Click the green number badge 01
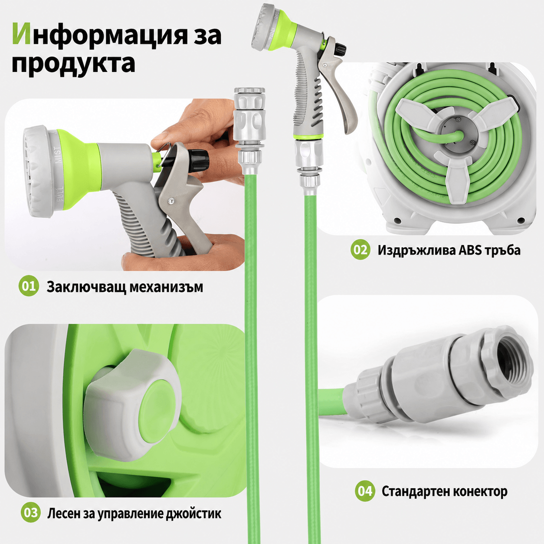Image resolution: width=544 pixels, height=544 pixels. click(x=29, y=286)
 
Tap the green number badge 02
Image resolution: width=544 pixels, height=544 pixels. click(x=360, y=249)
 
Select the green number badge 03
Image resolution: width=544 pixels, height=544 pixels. click(x=31, y=512)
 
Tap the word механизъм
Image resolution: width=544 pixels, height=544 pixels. click(x=166, y=287)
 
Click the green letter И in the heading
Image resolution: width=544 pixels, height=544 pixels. click(x=21, y=34)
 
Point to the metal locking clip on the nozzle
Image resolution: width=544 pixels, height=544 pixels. click(x=164, y=155)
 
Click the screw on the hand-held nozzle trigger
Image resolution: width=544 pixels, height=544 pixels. click(x=170, y=201)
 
